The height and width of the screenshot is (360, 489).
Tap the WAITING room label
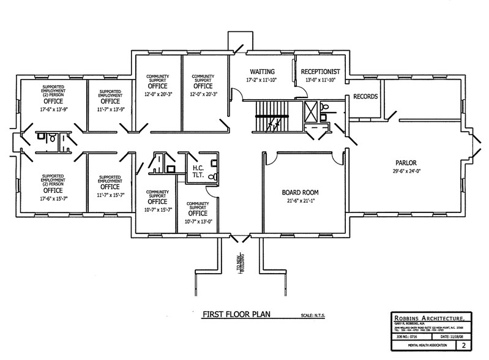pos(261,71)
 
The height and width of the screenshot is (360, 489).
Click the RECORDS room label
pos(365,97)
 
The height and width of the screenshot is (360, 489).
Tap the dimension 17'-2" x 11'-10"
pos(261,80)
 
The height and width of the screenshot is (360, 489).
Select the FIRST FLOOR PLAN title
pos(236,316)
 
